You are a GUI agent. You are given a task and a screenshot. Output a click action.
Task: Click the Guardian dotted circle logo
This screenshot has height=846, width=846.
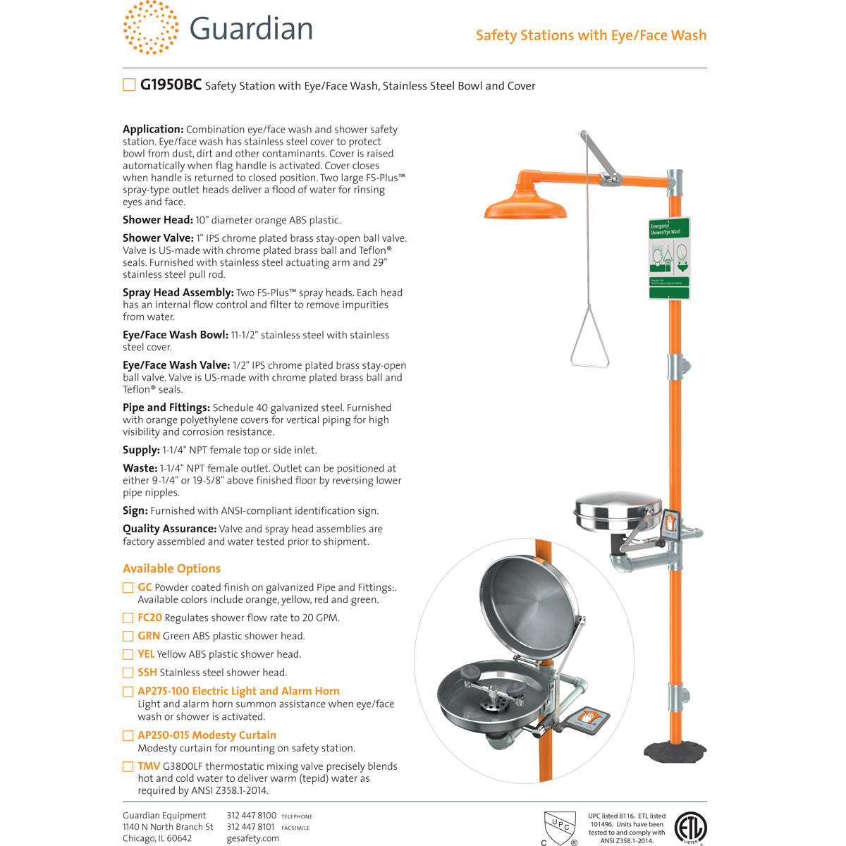(150, 27)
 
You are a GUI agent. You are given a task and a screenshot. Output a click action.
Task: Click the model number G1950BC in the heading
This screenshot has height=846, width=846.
(171, 85)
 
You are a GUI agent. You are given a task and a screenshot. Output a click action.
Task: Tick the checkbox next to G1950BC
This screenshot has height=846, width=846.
(129, 85)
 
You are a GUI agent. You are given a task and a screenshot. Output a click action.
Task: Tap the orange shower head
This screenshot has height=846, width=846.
(525, 207)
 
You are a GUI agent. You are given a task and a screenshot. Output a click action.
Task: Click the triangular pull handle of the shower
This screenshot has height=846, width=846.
(589, 345)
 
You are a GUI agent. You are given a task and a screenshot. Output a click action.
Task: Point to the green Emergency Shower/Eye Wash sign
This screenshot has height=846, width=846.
(669, 258)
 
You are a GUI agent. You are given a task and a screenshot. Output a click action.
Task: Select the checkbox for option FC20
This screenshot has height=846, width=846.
(128, 618)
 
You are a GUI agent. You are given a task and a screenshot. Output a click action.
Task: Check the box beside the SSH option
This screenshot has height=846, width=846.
(128, 673)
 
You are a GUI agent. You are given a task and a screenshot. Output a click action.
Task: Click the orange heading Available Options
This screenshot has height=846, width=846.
(171, 568)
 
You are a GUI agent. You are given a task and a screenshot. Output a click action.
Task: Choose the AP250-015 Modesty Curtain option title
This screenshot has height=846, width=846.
(207, 735)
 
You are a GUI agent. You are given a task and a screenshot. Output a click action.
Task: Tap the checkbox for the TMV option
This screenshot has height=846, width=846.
(128, 766)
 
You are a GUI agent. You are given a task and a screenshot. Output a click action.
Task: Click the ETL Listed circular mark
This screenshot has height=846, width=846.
(690, 828)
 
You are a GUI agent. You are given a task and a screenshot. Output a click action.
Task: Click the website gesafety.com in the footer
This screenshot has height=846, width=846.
(252, 838)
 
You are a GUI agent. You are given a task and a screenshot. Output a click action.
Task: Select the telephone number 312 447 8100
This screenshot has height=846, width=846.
(251, 816)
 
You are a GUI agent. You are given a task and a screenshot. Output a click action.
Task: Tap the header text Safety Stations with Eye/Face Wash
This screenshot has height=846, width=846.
(591, 35)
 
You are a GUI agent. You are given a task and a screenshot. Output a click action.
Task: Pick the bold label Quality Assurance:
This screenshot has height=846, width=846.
(169, 529)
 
